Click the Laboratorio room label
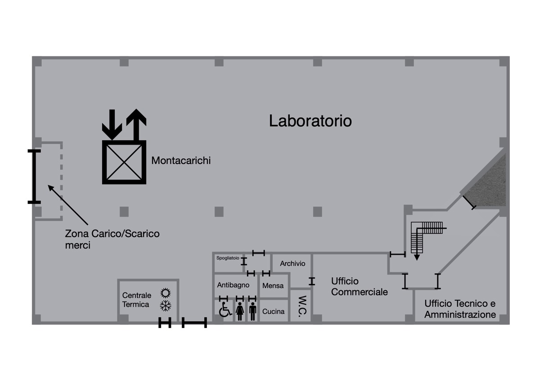(310, 121)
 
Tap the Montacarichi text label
(181, 160)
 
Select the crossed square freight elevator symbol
(124, 162)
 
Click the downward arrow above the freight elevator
(112, 124)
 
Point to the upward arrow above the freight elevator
(136, 124)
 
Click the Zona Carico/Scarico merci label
(112, 239)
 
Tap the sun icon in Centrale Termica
(166, 293)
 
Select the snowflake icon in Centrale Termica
(166, 306)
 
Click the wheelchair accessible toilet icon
(225, 310)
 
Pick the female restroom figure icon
(240, 311)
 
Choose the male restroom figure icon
(252, 311)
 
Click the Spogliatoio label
(228, 258)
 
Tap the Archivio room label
(292, 264)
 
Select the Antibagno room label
(233, 285)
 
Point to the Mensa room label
(273, 286)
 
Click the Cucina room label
(274, 311)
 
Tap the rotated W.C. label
(302, 306)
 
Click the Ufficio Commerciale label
(360, 287)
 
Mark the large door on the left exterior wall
(34, 177)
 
